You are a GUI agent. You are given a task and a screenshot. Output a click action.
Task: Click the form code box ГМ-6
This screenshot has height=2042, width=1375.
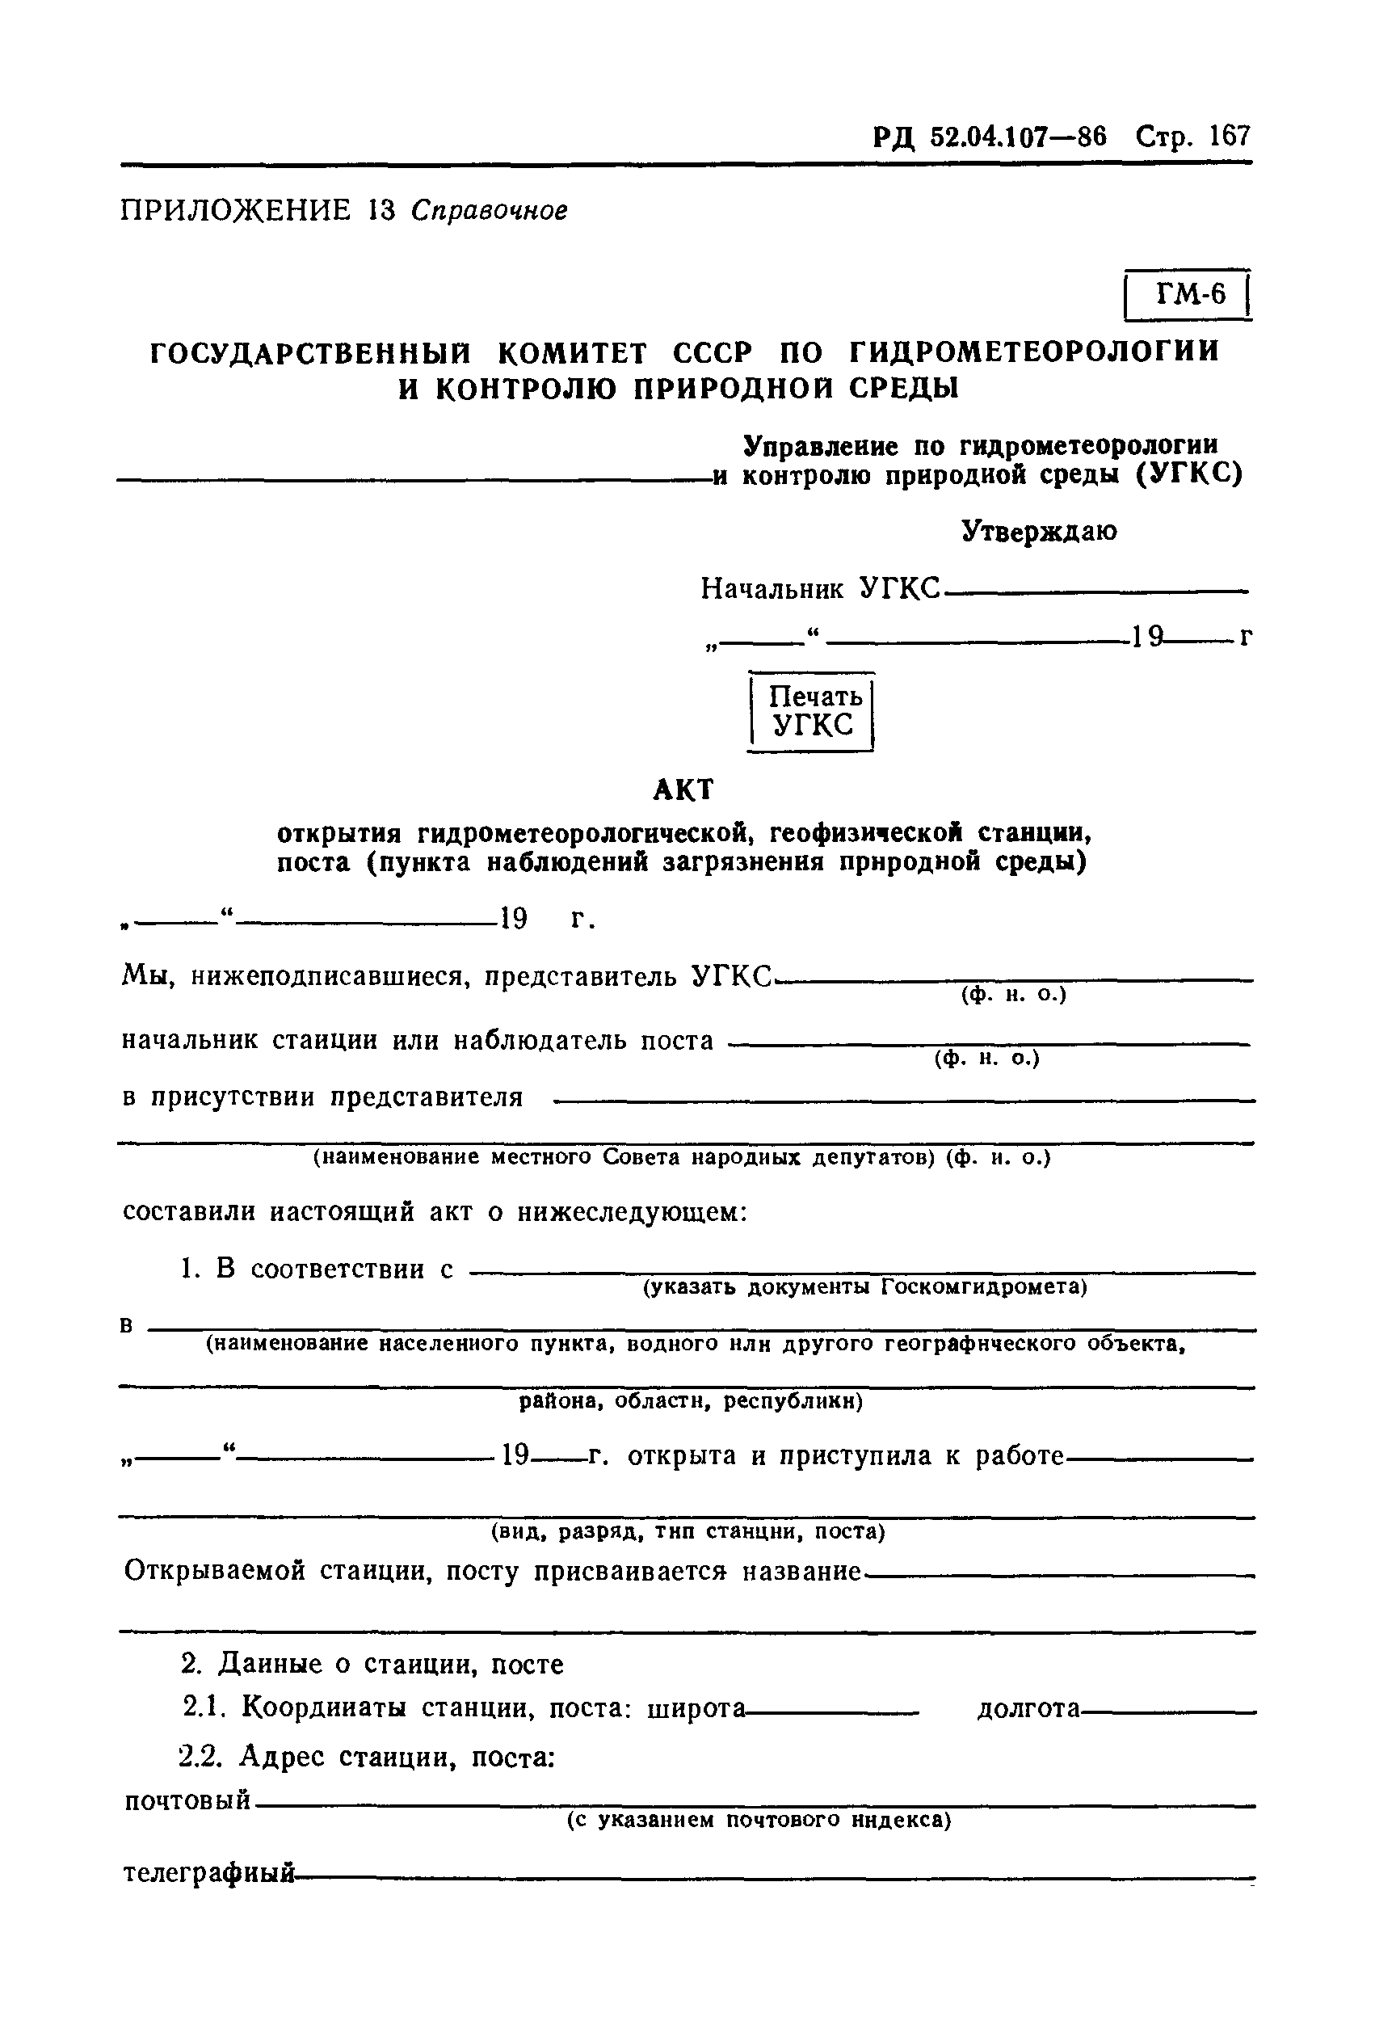[1189, 295]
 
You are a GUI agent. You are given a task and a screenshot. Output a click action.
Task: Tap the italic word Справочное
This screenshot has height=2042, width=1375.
[490, 212]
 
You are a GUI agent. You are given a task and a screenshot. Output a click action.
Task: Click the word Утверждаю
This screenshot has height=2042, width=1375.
[1039, 531]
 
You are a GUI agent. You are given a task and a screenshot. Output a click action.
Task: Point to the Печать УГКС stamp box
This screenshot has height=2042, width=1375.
[813, 710]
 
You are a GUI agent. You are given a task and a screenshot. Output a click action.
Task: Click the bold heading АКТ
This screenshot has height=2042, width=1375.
[684, 790]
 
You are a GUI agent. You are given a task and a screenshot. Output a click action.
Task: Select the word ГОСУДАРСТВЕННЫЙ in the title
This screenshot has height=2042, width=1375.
[310, 352]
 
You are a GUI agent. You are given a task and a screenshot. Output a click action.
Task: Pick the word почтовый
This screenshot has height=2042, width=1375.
[187, 1800]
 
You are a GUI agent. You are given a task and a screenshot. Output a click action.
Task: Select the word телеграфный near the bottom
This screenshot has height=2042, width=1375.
[208, 1874]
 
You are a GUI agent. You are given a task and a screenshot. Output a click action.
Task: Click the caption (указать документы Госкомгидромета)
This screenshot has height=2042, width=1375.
[864, 1286]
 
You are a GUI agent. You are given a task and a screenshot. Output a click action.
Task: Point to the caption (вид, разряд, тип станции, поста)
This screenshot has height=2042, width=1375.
[687, 1530]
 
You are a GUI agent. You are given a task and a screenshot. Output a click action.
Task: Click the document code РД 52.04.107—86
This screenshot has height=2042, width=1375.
[990, 137]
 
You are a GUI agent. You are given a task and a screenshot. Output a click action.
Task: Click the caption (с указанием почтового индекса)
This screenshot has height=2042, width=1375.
[759, 1820]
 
